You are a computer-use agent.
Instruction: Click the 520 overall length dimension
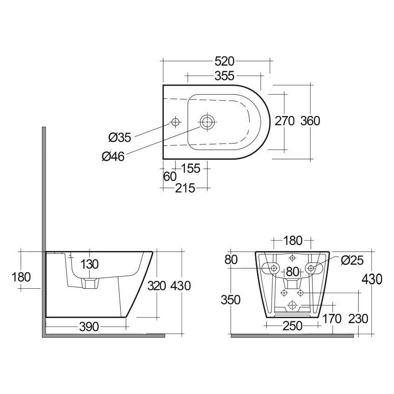(x=224, y=61)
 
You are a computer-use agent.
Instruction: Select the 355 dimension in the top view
(x=224, y=75)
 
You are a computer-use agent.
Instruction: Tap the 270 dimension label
(x=284, y=121)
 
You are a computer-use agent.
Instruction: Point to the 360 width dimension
(x=310, y=121)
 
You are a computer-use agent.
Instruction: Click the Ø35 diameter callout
(x=120, y=137)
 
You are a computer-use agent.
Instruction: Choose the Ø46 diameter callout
(x=113, y=157)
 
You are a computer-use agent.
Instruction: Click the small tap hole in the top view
(x=176, y=122)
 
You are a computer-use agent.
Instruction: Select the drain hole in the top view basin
(x=207, y=122)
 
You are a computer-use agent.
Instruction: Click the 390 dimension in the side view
(x=88, y=327)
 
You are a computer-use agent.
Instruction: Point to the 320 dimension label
(x=157, y=286)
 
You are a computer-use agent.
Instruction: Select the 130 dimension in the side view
(x=89, y=265)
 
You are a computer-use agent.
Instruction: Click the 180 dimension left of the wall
(x=21, y=277)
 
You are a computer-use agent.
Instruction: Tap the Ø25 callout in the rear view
(x=352, y=260)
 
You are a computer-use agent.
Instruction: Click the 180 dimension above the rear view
(x=293, y=241)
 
